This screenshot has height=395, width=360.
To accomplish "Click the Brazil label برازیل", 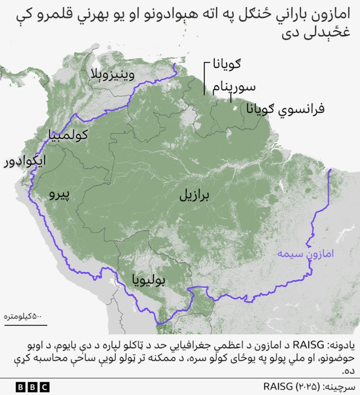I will click(x=194, y=195).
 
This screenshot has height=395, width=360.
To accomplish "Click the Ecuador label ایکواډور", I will click(x=24, y=161).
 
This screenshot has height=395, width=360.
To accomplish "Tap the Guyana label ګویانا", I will click(x=227, y=65).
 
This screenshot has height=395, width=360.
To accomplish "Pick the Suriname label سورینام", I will click(x=234, y=87).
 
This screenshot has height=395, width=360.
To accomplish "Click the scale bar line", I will click(x=25, y=324).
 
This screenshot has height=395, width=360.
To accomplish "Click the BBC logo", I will click(x=32, y=387).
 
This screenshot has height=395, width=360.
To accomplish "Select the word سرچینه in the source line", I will click(x=340, y=387).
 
